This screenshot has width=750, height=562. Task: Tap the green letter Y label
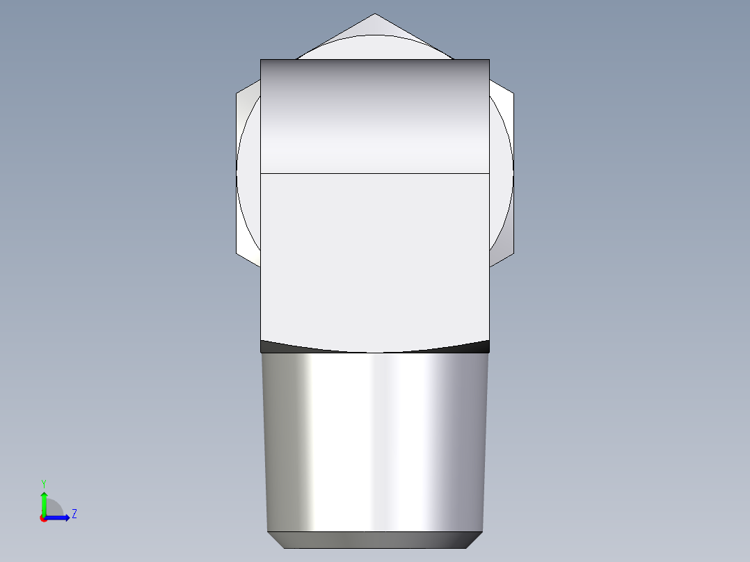click(43, 483)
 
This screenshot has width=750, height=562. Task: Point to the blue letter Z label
click(74, 514)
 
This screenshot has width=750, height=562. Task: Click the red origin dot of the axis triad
click(43, 518)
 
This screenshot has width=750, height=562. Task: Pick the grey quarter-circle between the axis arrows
click(54, 508)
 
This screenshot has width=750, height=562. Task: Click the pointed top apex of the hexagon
click(374, 15)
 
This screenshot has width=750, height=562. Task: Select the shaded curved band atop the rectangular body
click(374, 115)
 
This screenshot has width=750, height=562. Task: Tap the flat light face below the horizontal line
click(374, 257)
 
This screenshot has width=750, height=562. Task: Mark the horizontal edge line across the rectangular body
click(374, 172)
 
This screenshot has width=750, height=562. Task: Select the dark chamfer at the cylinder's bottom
click(374, 540)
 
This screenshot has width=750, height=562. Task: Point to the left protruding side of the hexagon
click(247, 174)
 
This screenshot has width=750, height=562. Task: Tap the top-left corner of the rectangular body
click(261, 60)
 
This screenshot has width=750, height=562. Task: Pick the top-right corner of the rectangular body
click(489, 60)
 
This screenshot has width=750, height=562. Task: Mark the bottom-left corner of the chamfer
click(285, 547)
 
